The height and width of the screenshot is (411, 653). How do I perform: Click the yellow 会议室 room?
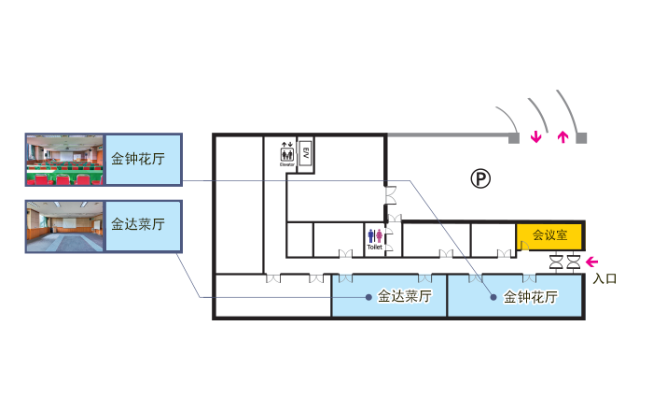(549, 235)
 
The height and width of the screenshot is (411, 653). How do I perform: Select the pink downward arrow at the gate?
(536, 136)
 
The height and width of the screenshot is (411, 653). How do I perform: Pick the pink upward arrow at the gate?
(563, 136)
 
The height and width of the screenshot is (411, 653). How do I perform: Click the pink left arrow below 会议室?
(590, 262)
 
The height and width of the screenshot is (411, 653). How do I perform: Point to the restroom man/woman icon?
(375, 236)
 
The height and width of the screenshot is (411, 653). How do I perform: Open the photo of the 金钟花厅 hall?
(64, 159)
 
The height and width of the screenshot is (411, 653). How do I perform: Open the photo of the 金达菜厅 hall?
(64, 225)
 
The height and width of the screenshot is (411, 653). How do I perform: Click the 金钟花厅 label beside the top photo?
(142, 159)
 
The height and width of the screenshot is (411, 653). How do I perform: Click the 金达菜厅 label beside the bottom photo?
(142, 225)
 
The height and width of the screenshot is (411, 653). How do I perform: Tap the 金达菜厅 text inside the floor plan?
(404, 296)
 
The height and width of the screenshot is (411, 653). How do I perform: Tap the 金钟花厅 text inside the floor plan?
(531, 297)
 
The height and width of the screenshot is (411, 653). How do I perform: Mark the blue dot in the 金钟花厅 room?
(494, 297)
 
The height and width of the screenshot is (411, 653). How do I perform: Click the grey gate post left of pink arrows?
(513, 138)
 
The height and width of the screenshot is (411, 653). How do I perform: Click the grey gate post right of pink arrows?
(581, 138)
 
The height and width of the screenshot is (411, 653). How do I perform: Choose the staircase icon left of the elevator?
(287, 154)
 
